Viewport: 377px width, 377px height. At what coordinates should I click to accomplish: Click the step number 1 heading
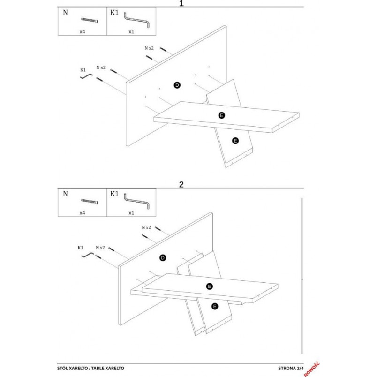pos(181,3)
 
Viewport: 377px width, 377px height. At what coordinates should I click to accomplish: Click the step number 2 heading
pos(181,184)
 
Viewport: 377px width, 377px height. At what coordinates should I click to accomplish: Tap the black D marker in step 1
pos(177,85)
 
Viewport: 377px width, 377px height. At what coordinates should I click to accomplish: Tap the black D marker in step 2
pos(163,258)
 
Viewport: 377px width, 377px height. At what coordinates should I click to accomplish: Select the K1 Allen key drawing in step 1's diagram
pos(86,76)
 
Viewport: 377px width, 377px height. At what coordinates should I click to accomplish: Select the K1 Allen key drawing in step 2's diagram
pos(87,255)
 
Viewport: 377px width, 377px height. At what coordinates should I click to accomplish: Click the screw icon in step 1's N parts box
pos(90,20)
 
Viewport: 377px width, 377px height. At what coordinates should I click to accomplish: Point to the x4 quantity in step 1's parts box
pos(82,31)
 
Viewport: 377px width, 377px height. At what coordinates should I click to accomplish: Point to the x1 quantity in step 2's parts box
pos(131,213)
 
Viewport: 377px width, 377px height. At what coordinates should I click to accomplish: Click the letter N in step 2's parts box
pos(65,194)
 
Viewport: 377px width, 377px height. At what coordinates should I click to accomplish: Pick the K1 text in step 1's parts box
pos(114,13)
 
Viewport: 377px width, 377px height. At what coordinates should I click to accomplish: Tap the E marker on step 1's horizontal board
pos(221,115)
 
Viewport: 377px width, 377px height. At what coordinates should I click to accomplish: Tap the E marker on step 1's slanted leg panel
pos(235,141)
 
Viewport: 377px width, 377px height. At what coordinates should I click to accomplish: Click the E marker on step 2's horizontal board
pos(210,287)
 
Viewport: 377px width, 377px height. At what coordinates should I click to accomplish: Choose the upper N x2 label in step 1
pos(149,48)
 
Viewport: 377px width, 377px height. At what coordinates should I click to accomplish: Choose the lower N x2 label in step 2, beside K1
pos(100,248)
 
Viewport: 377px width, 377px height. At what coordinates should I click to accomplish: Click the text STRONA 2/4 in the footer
pos(291,368)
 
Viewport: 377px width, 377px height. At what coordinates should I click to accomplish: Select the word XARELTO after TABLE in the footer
pos(114,368)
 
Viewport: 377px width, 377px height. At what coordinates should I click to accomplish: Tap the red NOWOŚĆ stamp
pos(312,369)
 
